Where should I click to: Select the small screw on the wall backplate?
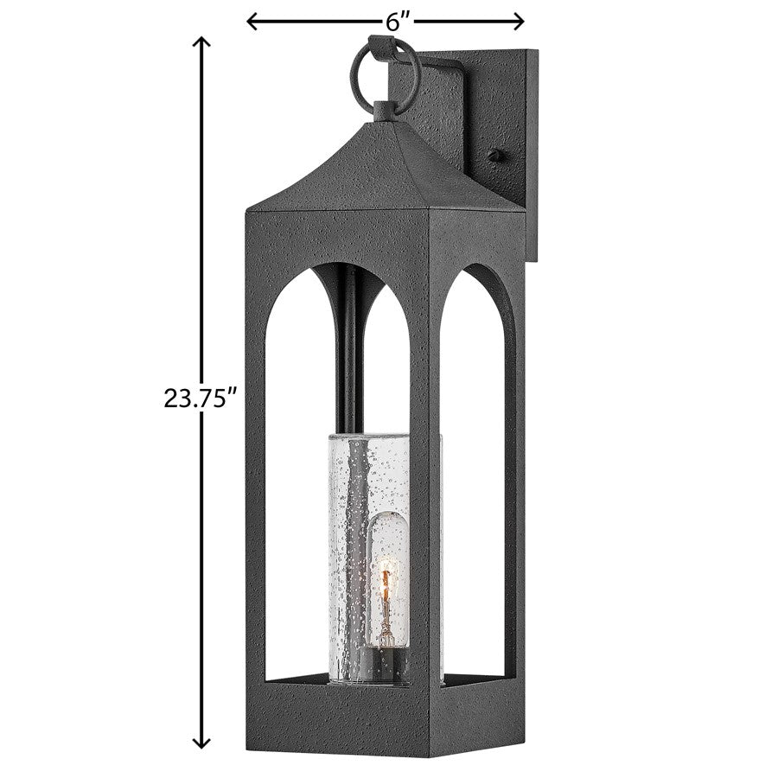pos(494,155)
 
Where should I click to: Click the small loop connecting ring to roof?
pos(382,110)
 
